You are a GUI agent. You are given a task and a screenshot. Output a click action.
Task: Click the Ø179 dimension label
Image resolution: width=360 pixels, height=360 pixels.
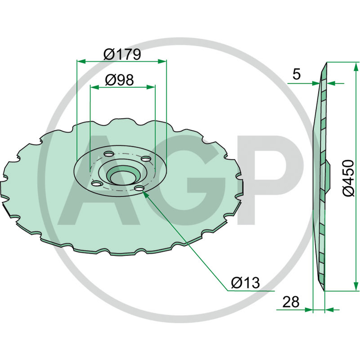point(122,54)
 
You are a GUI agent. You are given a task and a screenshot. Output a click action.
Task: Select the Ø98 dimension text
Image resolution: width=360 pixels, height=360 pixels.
point(119,80)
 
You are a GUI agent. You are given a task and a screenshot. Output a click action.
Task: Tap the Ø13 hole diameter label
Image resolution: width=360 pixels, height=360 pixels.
point(245,283)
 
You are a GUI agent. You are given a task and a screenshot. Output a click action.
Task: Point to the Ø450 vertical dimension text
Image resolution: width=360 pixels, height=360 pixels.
point(349,177)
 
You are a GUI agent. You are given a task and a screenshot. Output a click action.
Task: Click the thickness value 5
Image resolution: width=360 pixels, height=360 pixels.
point(296,74)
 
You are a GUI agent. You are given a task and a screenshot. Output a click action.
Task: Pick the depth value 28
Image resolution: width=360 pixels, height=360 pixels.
point(291,302)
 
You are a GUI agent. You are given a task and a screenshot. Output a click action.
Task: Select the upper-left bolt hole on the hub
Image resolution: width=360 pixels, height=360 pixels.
point(108,155)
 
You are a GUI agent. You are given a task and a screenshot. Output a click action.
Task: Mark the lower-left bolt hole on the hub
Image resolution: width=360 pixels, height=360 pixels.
point(95,183)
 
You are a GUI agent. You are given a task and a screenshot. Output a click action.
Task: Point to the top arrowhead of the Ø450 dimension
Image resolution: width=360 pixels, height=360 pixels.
point(357,64)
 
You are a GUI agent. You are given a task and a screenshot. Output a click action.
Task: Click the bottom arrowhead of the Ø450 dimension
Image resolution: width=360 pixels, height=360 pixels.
point(357,289)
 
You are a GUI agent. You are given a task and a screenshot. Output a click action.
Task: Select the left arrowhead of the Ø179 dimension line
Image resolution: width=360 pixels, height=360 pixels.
point(79,61)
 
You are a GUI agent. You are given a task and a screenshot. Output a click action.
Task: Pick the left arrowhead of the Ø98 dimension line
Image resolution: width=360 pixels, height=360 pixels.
point(92,87)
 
